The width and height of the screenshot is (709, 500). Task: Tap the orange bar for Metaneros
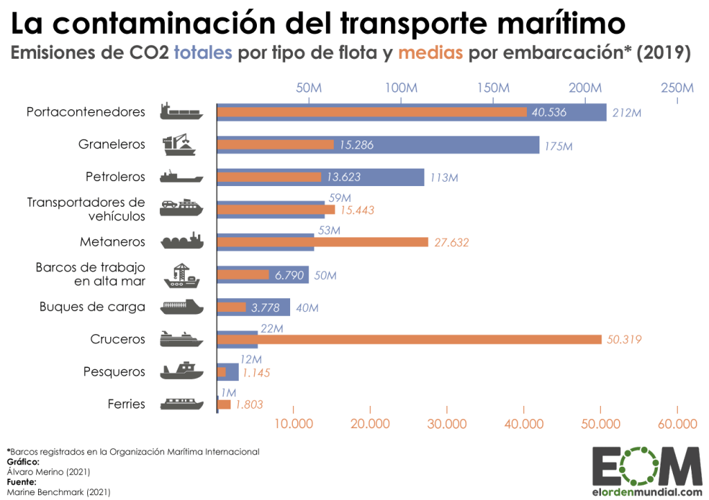pos(323,241)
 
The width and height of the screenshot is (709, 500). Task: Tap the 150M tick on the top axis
pos(492,89)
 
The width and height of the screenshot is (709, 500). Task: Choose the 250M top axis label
pos(676,89)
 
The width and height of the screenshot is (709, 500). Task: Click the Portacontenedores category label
pos(86,112)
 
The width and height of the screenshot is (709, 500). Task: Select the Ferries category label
pos(127,404)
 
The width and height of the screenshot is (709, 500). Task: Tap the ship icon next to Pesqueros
pos(181,371)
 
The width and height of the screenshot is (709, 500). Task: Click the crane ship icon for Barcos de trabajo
pos(181,275)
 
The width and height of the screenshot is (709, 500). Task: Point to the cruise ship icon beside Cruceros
pos(181,339)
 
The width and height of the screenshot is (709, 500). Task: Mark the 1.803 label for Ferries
pos(249,405)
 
